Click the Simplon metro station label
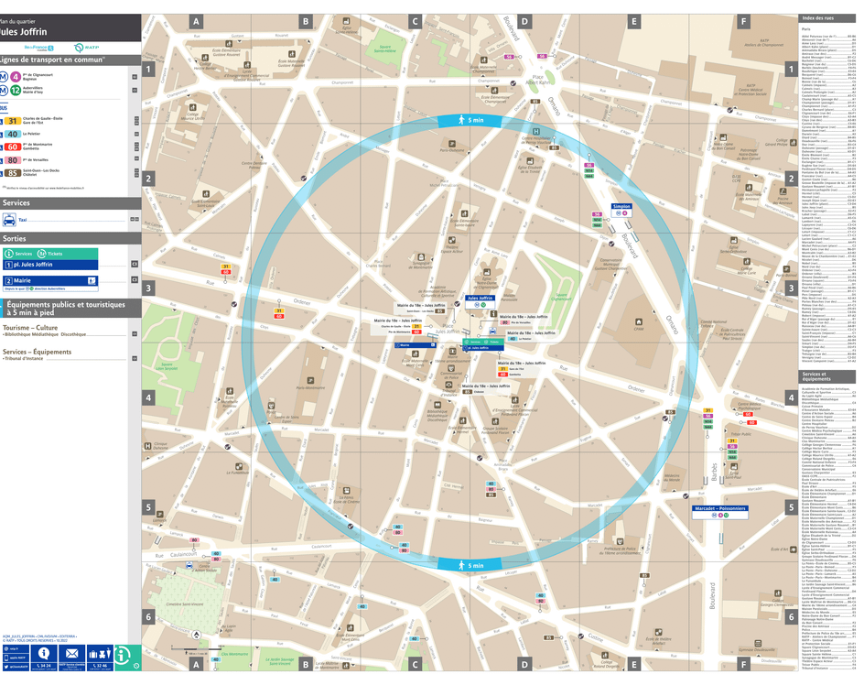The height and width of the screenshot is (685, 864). (x=622, y=206)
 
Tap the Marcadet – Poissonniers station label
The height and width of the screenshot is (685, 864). (x=719, y=507)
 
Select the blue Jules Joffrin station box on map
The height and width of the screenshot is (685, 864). (x=480, y=298)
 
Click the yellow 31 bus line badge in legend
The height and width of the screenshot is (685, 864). (x=13, y=120)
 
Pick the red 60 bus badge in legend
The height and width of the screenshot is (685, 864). (x=13, y=147)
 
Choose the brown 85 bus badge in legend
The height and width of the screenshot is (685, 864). (x=13, y=172)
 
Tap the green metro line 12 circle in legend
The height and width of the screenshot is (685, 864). (x=16, y=90)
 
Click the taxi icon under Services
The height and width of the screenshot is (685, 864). (x=9, y=220)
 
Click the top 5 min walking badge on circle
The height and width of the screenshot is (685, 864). (x=468, y=121)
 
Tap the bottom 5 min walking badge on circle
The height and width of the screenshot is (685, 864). (x=468, y=566)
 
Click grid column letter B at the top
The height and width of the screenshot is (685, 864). (x=306, y=22)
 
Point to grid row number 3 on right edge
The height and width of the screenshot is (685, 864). (x=790, y=288)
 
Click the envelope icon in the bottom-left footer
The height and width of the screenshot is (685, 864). (x=71, y=654)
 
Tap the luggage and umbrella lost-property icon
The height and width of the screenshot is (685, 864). (x=99, y=654)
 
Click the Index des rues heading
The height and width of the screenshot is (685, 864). (x=817, y=18)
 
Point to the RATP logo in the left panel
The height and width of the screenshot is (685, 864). (x=81, y=47)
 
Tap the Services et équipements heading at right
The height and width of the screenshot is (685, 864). (x=817, y=376)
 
